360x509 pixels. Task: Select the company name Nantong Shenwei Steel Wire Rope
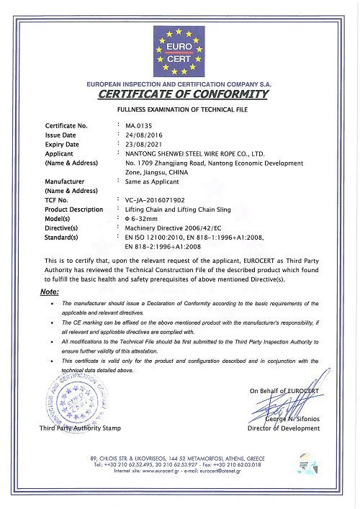pos(195,153)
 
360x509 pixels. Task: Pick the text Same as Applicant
pos(150,181)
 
